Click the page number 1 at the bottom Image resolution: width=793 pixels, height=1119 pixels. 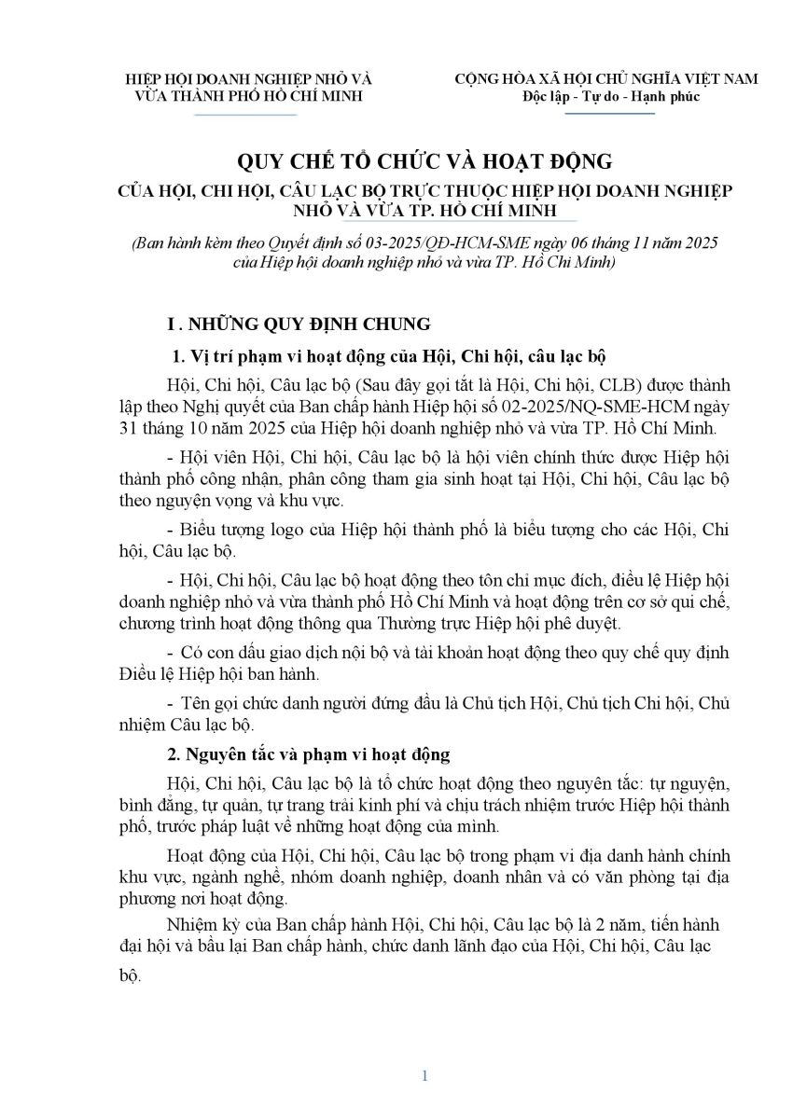(x=424, y=1075)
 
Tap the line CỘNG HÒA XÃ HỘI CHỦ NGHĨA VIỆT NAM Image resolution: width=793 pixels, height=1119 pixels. (x=605, y=79)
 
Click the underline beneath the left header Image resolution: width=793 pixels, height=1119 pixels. (x=245, y=115)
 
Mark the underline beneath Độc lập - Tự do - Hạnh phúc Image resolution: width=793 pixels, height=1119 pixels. (x=611, y=114)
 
